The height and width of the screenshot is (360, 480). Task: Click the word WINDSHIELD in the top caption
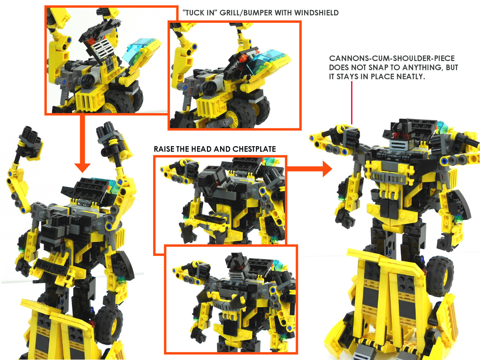click(x=316, y=13)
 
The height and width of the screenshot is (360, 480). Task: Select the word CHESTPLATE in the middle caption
click(x=254, y=149)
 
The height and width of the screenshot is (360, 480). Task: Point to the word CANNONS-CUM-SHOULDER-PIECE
click(x=392, y=58)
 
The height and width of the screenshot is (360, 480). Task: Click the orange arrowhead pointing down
click(x=82, y=168)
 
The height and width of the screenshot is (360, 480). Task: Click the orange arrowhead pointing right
click(x=327, y=169)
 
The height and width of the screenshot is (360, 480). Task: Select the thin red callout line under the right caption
click(x=352, y=103)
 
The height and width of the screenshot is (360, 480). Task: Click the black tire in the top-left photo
click(x=124, y=102)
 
